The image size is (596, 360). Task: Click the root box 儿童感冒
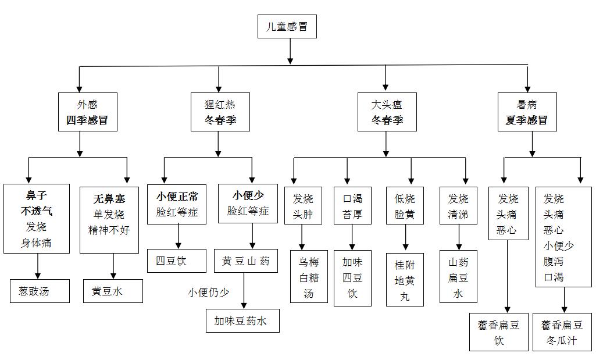pyautogui.click(x=287, y=27)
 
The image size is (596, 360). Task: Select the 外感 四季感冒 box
pyautogui.click(x=87, y=112)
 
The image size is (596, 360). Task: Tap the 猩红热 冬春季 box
pyautogui.click(x=219, y=112)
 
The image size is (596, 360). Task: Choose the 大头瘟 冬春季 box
pyautogui.click(x=387, y=112)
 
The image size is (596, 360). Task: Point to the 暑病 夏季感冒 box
pyautogui.click(x=527, y=112)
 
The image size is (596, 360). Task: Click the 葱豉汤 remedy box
pyautogui.click(x=40, y=291)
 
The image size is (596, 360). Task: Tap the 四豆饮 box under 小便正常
pyautogui.click(x=176, y=261)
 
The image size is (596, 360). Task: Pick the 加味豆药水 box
pyautogui.click(x=242, y=320)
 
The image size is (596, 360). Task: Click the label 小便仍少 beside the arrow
pyautogui.click(x=208, y=292)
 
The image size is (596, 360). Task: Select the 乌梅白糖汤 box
pyautogui.click(x=309, y=277)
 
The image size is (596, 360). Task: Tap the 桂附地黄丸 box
pyautogui.click(x=405, y=280)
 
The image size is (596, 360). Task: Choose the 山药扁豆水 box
pyautogui.click(x=458, y=277)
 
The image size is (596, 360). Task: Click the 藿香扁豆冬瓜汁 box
pyautogui.click(x=562, y=332)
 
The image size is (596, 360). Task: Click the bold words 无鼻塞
pyautogui.click(x=109, y=198)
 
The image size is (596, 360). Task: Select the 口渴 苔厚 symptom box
pyautogui.click(x=352, y=205)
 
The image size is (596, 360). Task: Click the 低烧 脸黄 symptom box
pyautogui.click(x=405, y=205)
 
